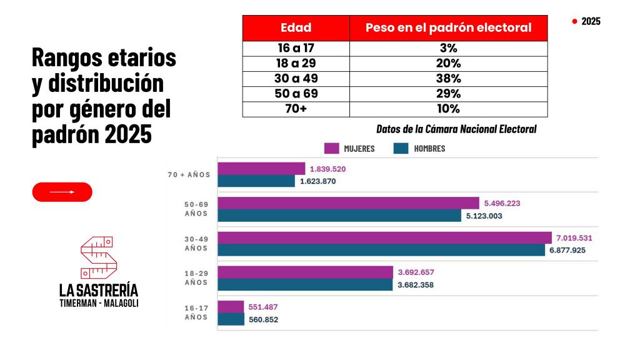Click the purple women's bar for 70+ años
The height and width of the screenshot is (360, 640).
click(x=261, y=169)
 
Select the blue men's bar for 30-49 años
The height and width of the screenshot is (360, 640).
click(x=381, y=250)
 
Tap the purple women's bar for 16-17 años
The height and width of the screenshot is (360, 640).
click(x=231, y=307)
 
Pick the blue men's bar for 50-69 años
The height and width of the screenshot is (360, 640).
click(x=339, y=216)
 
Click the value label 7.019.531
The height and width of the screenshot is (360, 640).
click(x=574, y=238)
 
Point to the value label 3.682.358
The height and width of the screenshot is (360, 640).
click(x=416, y=284)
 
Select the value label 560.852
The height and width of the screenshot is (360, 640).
click(x=264, y=319)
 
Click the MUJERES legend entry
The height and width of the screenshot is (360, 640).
click(x=349, y=149)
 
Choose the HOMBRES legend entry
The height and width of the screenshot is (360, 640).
click(x=419, y=149)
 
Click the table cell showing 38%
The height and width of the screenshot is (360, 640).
click(x=448, y=79)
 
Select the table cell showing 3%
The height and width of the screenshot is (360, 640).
click(x=448, y=48)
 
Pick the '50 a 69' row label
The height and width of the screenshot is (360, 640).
click(x=296, y=94)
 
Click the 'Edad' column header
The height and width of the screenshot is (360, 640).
click(x=296, y=27)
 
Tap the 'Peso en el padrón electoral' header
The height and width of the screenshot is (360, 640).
click(x=448, y=27)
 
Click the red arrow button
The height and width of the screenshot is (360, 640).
click(x=62, y=192)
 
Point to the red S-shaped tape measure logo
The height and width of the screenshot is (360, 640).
click(x=98, y=256)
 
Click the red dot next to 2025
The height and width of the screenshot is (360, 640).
click(x=574, y=21)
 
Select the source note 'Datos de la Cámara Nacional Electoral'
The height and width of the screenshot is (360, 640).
click(x=456, y=129)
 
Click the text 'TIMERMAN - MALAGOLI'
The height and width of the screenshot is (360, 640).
click(x=99, y=302)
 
